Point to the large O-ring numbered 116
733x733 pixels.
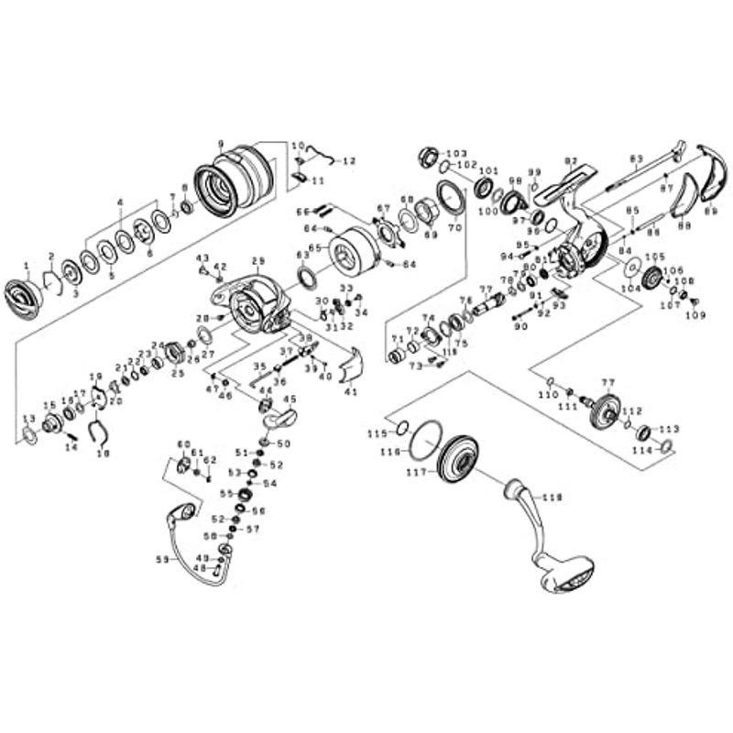coord(423,444)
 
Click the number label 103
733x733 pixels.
coord(455,152)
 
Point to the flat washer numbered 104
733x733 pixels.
coord(631,267)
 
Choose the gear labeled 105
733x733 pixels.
coord(651,279)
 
